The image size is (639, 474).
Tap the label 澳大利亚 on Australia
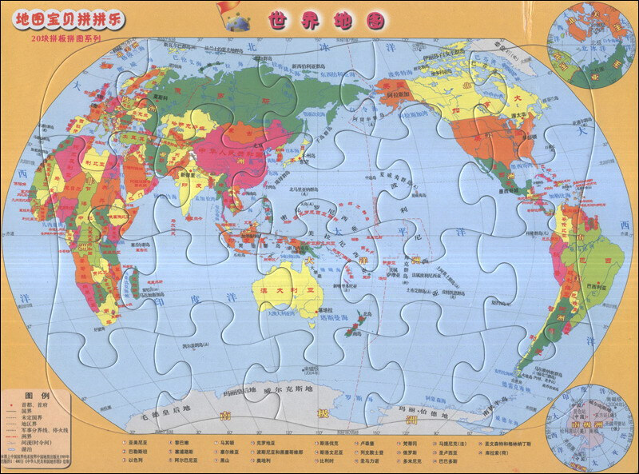[283, 293]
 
